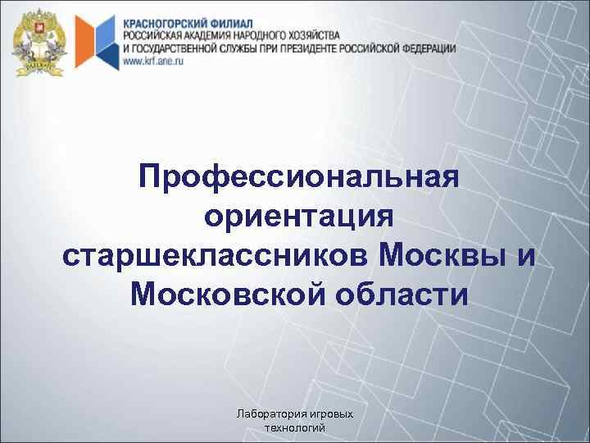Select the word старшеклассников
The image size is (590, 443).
(216, 256)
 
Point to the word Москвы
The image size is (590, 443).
(440, 256)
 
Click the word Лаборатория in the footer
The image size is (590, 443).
(265, 415)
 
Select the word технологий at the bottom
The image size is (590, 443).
(296, 428)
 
